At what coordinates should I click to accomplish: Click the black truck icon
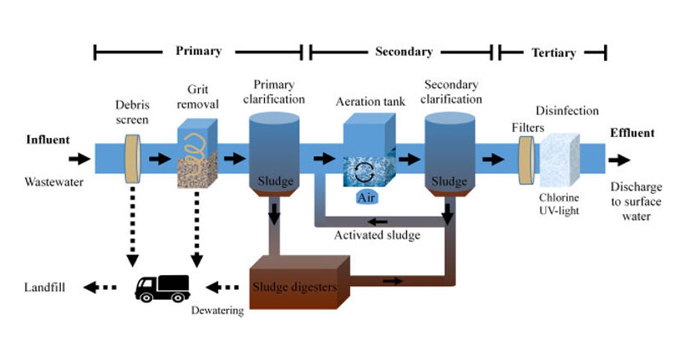pos(162,287)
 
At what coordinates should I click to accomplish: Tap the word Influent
pos(48,139)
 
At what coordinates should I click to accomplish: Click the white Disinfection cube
pos(559,161)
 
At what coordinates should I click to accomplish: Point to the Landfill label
pos(45,287)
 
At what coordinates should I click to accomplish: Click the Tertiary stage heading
pos(553,53)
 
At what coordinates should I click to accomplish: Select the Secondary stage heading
pos(404,52)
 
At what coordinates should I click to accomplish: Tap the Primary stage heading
pos(198,51)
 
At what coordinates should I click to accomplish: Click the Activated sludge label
pos(377,235)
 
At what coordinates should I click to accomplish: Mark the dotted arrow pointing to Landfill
pos(99,287)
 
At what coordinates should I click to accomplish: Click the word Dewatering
pos(217,311)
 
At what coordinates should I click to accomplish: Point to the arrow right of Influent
pos(80,158)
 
